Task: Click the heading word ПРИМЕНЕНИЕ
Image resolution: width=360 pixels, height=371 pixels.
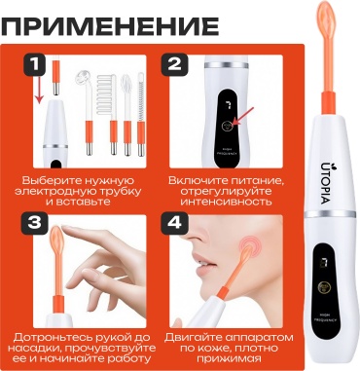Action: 110,26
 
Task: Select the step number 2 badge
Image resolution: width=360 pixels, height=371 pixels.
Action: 175,65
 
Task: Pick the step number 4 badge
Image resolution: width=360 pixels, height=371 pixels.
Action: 175,224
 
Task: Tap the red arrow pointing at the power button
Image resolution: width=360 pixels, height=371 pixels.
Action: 244,117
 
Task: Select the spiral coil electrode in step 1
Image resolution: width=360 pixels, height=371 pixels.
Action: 141,114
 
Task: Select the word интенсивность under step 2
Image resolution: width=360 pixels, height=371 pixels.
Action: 226,202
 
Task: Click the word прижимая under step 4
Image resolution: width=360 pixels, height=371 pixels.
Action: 229,359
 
